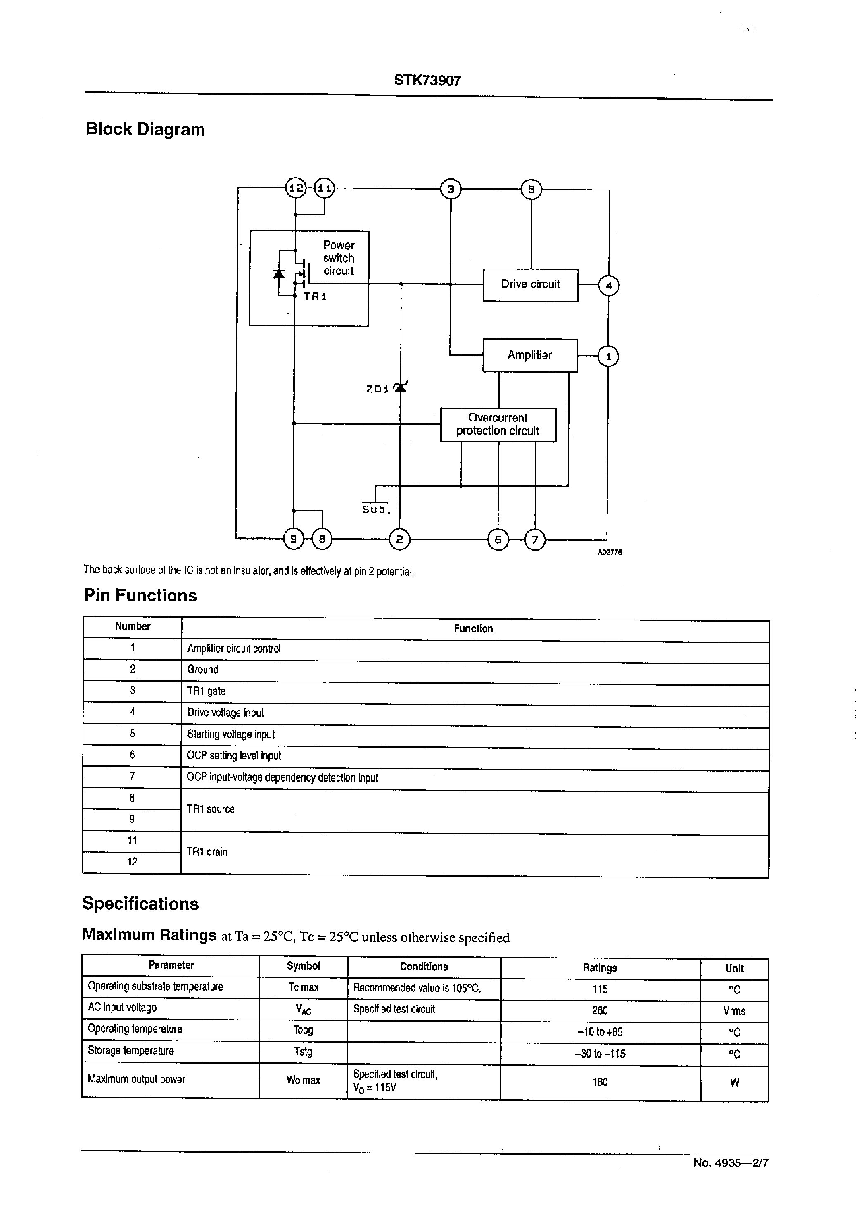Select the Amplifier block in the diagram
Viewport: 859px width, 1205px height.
529,355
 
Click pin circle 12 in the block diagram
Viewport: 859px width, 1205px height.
296,188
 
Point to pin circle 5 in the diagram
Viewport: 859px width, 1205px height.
531,189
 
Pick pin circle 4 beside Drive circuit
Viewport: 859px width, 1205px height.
608,285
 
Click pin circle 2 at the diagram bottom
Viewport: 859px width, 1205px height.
399,539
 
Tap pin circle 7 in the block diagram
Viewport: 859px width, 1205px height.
535,540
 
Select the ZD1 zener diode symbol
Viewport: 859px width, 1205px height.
401,387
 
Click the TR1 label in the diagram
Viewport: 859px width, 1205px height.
315,297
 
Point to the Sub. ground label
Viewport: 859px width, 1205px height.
375,509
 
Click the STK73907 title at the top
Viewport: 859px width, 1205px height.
427,81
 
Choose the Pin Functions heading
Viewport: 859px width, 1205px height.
140,595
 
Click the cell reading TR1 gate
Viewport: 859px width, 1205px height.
206,691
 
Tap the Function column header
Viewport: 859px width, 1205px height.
473,628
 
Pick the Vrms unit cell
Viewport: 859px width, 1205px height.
734,1011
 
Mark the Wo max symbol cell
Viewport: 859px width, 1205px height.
303,1080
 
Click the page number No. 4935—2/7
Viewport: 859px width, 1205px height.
731,1163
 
